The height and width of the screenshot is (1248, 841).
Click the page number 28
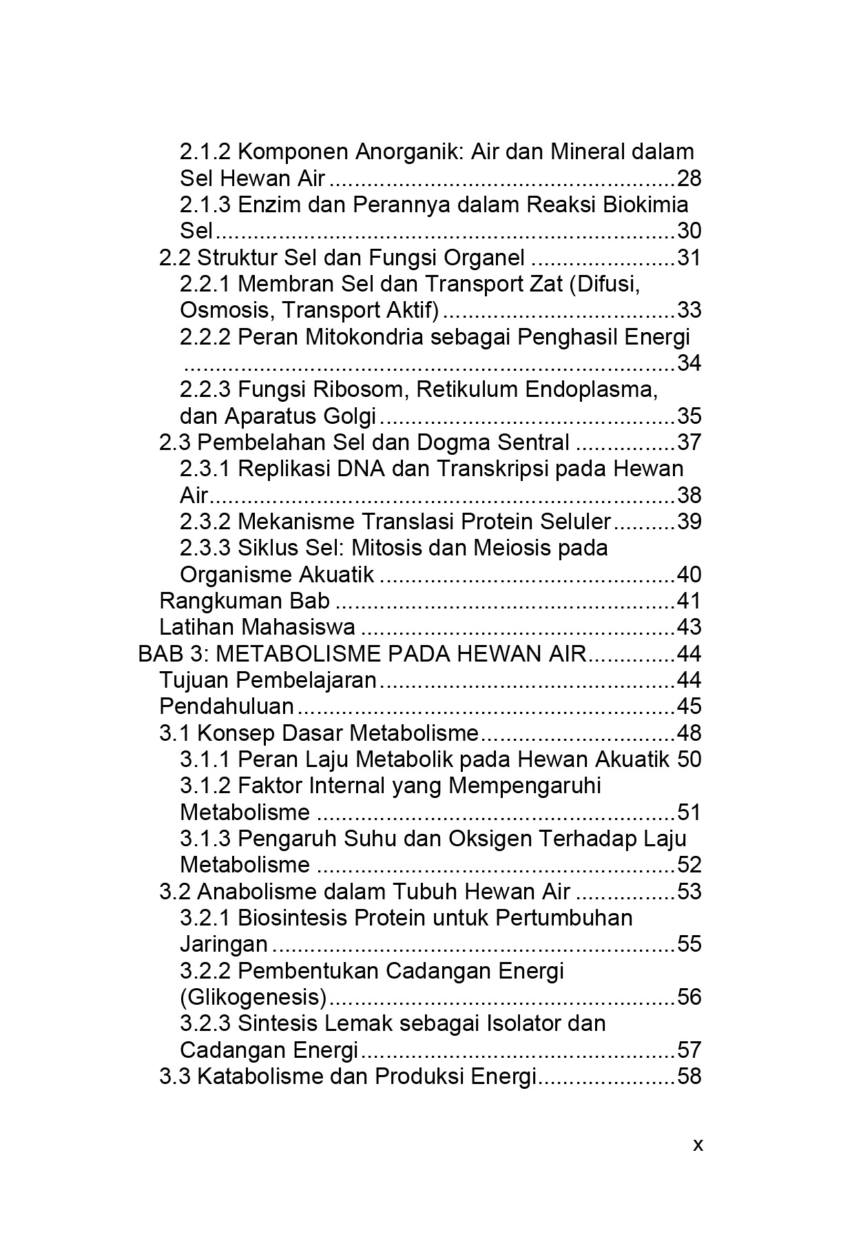(689, 178)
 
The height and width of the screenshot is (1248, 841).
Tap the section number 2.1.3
(206, 205)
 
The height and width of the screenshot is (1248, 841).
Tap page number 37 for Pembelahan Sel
(689, 442)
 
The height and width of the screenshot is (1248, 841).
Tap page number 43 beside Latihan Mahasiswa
(689, 627)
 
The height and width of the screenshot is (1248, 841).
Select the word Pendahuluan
(227, 706)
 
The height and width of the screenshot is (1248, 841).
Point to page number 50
(689, 759)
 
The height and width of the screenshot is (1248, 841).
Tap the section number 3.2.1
(206, 918)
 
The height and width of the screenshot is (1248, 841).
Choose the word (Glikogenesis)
(253, 997)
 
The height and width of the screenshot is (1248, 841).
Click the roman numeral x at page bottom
(698, 1145)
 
